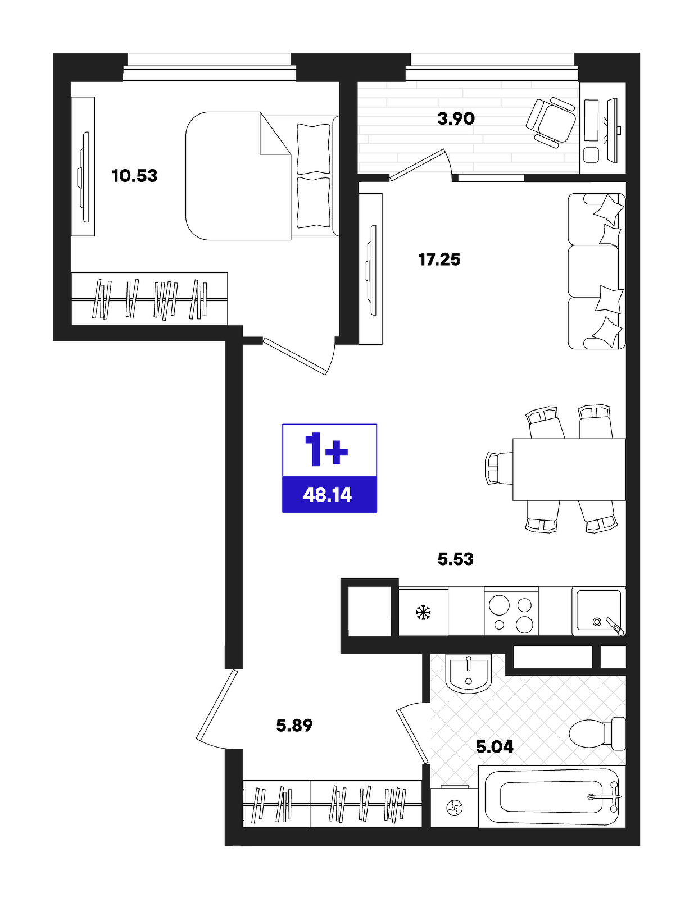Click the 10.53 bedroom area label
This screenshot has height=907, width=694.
(x=134, y=176)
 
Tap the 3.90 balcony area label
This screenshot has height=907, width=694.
(x=456, y=119)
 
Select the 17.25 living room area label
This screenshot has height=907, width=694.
(x=439, y=259)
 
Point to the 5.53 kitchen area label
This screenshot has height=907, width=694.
(x=455, y=559)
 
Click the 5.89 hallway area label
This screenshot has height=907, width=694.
(x=294, y=725)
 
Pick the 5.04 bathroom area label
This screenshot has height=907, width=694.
(x=495, y=747)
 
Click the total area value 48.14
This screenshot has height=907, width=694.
(x=328, y=495)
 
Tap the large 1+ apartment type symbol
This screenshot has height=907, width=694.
(x=326, y=449)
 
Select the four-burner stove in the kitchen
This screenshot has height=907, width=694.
(x=511, y=612)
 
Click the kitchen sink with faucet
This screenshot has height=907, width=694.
(x=598, y=610)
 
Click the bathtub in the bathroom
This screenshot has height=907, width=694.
(x=552, y=796)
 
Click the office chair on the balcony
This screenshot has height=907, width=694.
(x=551, y=122)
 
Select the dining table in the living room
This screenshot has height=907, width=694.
(x=569, y=470)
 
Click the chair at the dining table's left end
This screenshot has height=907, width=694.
(x=499, y=468)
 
